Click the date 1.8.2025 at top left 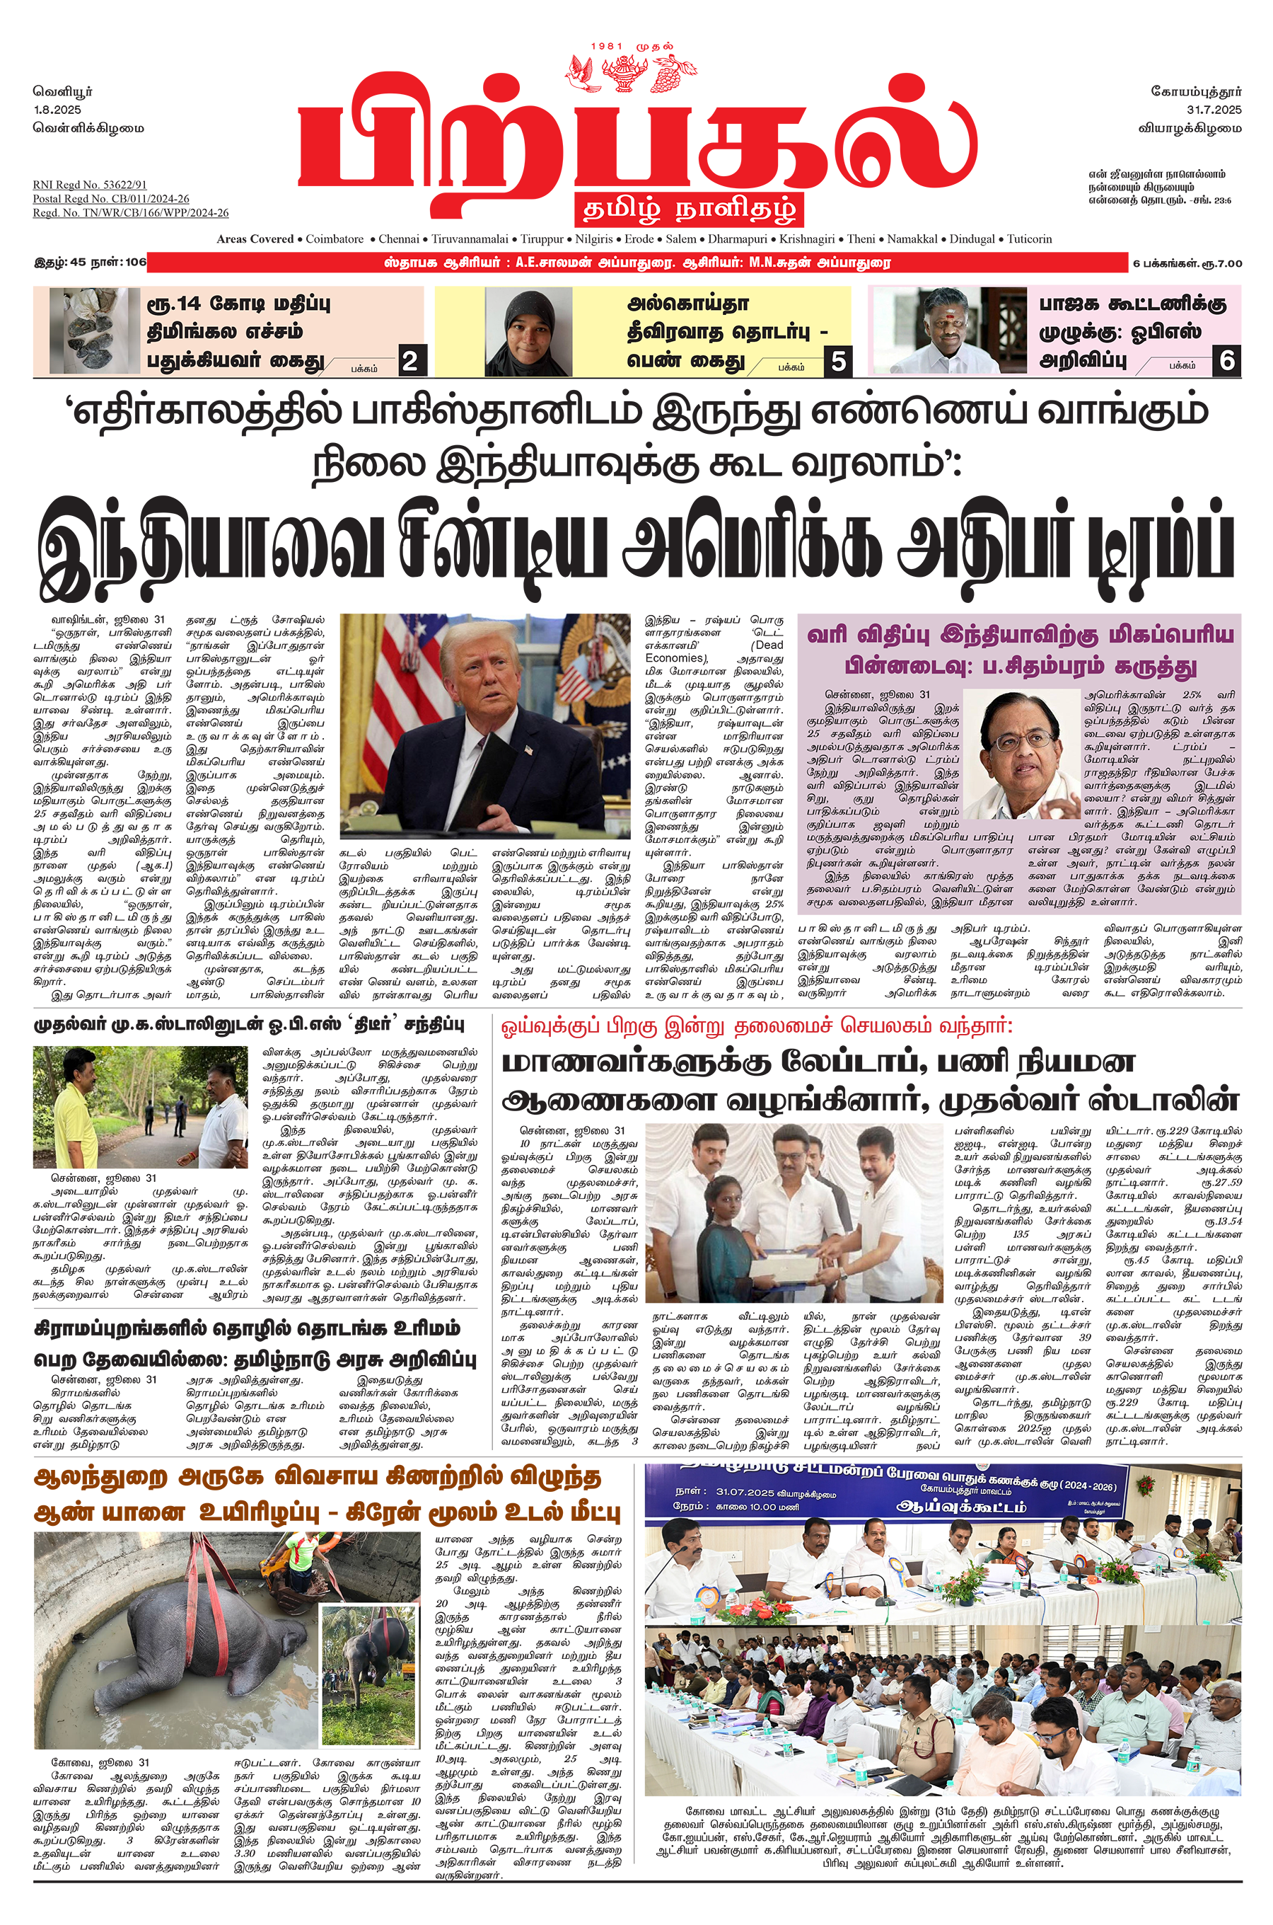pyautogui.click(x=58, y=109)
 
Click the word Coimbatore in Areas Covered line pyautogui.click(x=335, y=239)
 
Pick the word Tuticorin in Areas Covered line pyautogui.click(x=1030, y=239)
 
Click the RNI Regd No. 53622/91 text pyautogui.click(x=89, y=185)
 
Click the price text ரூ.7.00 pyautogui.click(x=1222, y=263)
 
